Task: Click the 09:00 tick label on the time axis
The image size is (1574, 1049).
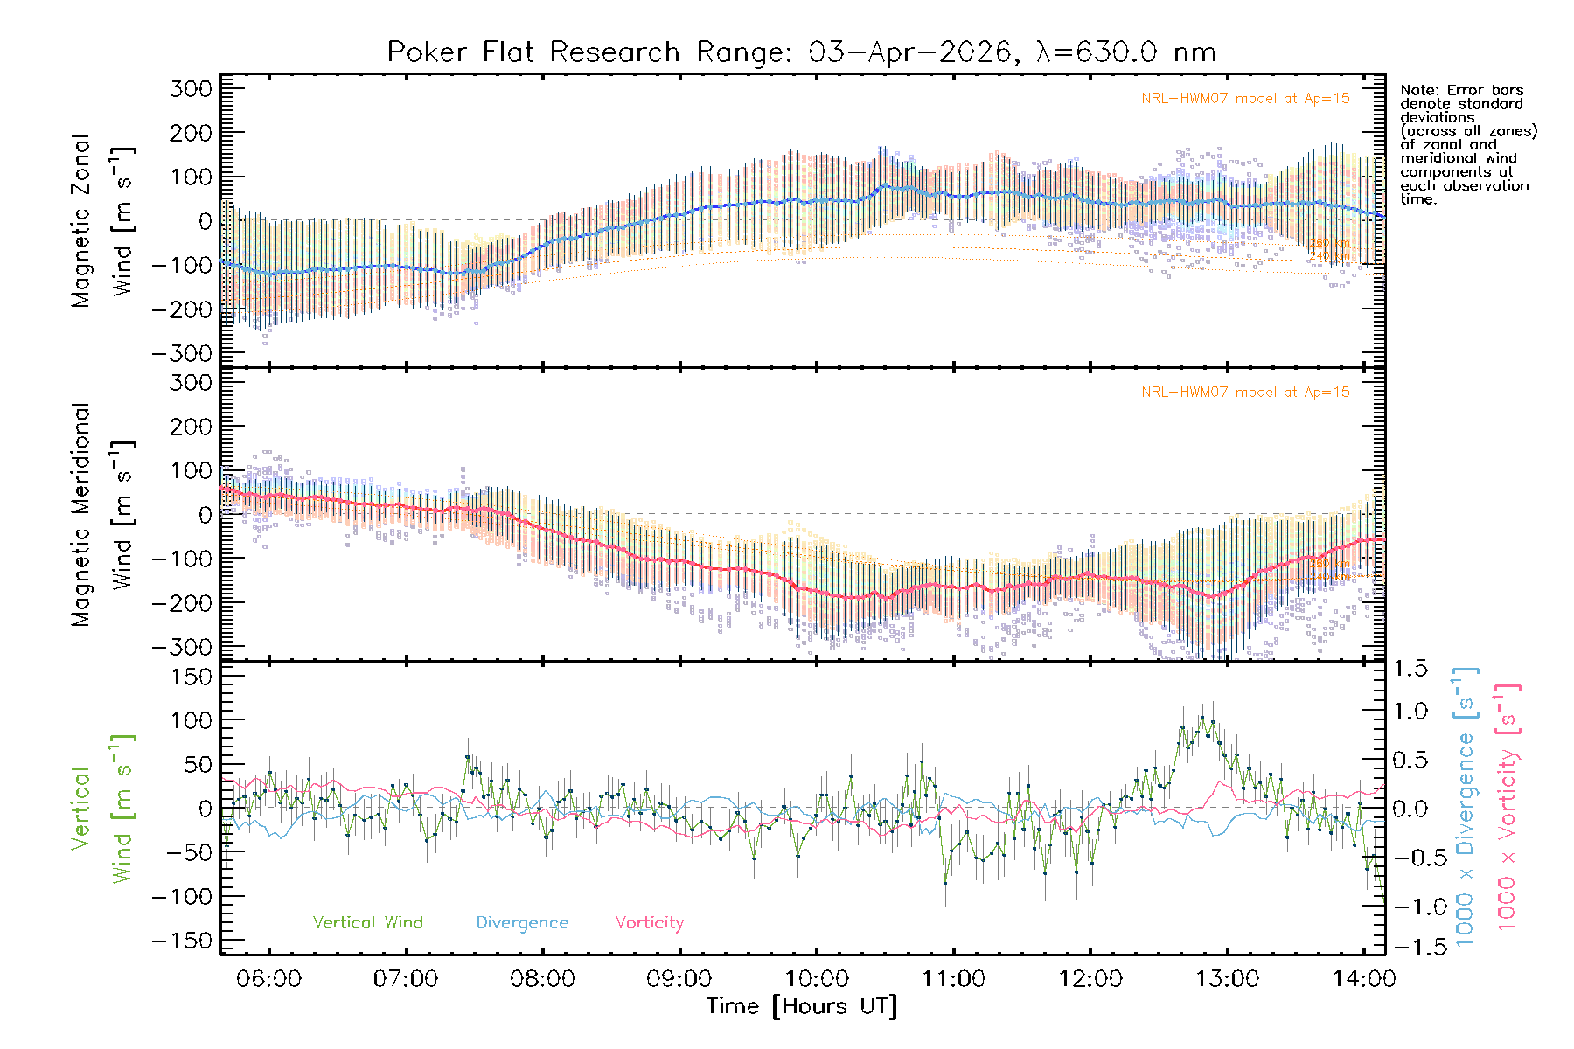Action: pyautogui.click(x=679, y=979)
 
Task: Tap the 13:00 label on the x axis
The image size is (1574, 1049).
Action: pyautogui.click(x=1227, y=979)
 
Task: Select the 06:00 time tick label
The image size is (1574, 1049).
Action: pyautogui.click(x=268, y=979)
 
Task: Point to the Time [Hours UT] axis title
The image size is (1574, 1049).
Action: pyautogui.click(x=802, y=1006)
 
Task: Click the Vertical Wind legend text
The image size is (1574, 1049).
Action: pyautogui.click(x=367, y=923)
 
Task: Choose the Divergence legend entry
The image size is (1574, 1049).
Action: pyautogui.click(x=522, y=923)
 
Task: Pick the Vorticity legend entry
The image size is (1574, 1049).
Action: pyautogui.click(x=649, y=923)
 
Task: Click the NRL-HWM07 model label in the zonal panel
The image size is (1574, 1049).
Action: pyautogui.click(x=1245, y=99)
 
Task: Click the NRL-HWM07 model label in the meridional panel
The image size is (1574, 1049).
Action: pyautogui.click(x=1245, y=393)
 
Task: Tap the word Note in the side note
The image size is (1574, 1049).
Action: pyautogui.click(x=1417, y=90)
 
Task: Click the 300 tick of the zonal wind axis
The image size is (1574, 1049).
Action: pyautogui.click(x=192, y=88)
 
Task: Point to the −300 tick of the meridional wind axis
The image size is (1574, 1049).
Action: pyautogui.click(x=182, y=647)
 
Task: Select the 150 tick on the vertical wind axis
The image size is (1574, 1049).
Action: pyautogui.click(x=192, y=677)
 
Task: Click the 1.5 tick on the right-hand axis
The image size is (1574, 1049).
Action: pyautogui.click(x=1410, y=669)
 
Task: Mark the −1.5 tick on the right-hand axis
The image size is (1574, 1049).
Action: pyautogui.click(x=1410, y=947)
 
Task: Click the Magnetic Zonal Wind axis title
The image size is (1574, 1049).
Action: pyautogui.click(x=102, y=220)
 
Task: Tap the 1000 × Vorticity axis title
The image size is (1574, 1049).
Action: pyautogui.click(x=1507, y=807)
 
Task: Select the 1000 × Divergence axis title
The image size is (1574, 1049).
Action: pyautogui.click(x=1466, y=807)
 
